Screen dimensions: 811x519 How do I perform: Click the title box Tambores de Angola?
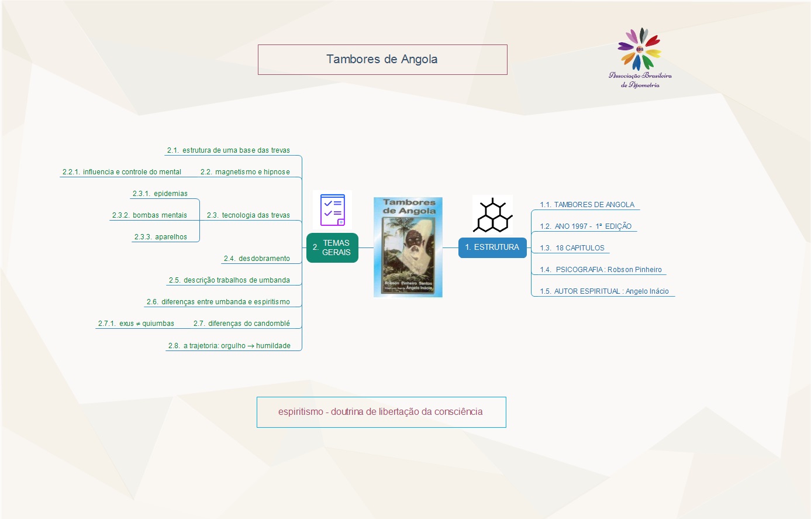pyautogui.click(x=382, y=60)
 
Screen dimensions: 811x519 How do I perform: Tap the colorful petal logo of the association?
pyautogui.click(x=640, y=49)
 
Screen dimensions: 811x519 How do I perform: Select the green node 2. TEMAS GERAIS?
pyautogui.click(x=332, y=248)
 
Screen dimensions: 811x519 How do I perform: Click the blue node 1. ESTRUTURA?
pyautogui.click(x=492, y=248)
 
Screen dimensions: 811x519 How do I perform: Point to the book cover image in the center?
pyautogui.click(x=408, y=247)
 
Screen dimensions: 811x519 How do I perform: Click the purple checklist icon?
pyautogui.click(x=332, y=210)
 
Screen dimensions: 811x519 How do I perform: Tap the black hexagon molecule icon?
pyautogui.click(x=492, y=215)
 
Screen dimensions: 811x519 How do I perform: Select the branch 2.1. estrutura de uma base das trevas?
pyautogui.click(x=229, y=150)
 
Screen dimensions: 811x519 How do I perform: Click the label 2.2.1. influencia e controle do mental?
pyautogui.click(x=122, y=172)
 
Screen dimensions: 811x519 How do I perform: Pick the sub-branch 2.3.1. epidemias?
pyautogui.click(x=160, y=194)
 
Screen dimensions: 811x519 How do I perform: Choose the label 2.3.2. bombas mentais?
pyautogui.click(x=150, y=215)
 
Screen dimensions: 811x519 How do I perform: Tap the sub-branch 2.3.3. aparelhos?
pyautogui.click(x=161, y=237)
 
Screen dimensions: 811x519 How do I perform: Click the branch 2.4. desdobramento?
pyautogui.click(x=257, y=259)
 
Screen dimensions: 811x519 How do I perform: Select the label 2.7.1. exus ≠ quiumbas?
pyautogui.click(x=136, y=324)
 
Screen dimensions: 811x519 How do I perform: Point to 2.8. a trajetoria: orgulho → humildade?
pyautogui.click(x=229, y=346)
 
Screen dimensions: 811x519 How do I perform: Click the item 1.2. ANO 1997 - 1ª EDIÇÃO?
pyautogui.click(x=585, y=226)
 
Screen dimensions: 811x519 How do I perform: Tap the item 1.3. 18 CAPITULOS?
pyautogui.click(x=572, y=248)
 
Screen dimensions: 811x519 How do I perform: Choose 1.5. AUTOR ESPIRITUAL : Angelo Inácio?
pyautogui.click(x=604, y=291)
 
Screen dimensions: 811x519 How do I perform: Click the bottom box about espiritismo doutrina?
pyautogui.click(x=381, y=412)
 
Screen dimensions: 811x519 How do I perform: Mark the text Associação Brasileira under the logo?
pyautogui.click(x=640, y=75)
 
